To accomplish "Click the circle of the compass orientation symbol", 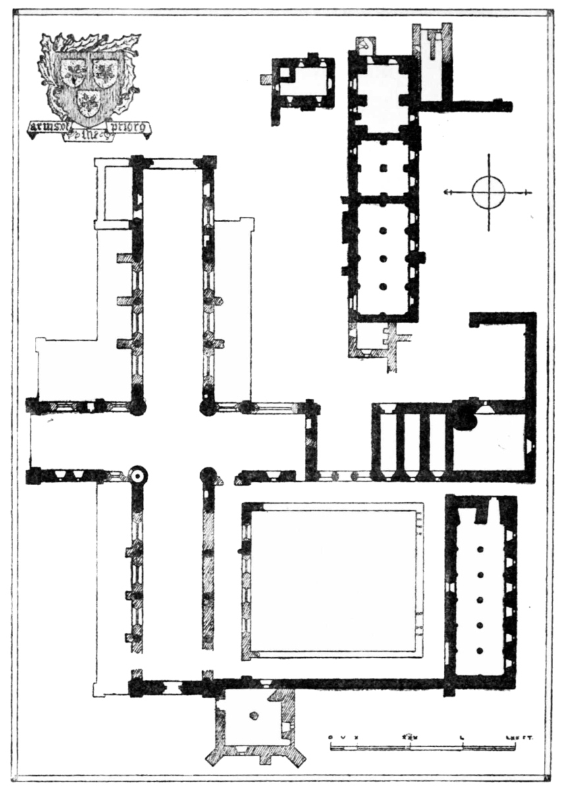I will click(x=489, y=192).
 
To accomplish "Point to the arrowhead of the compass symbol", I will click(x=447, y=192).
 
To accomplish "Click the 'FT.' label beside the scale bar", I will click(x=525, y=738).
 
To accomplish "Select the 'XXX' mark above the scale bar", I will click(x=409, y=738).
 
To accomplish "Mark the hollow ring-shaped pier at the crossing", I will click(x=138, y=475).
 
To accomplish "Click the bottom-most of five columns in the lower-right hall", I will click(x=481, y=651).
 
